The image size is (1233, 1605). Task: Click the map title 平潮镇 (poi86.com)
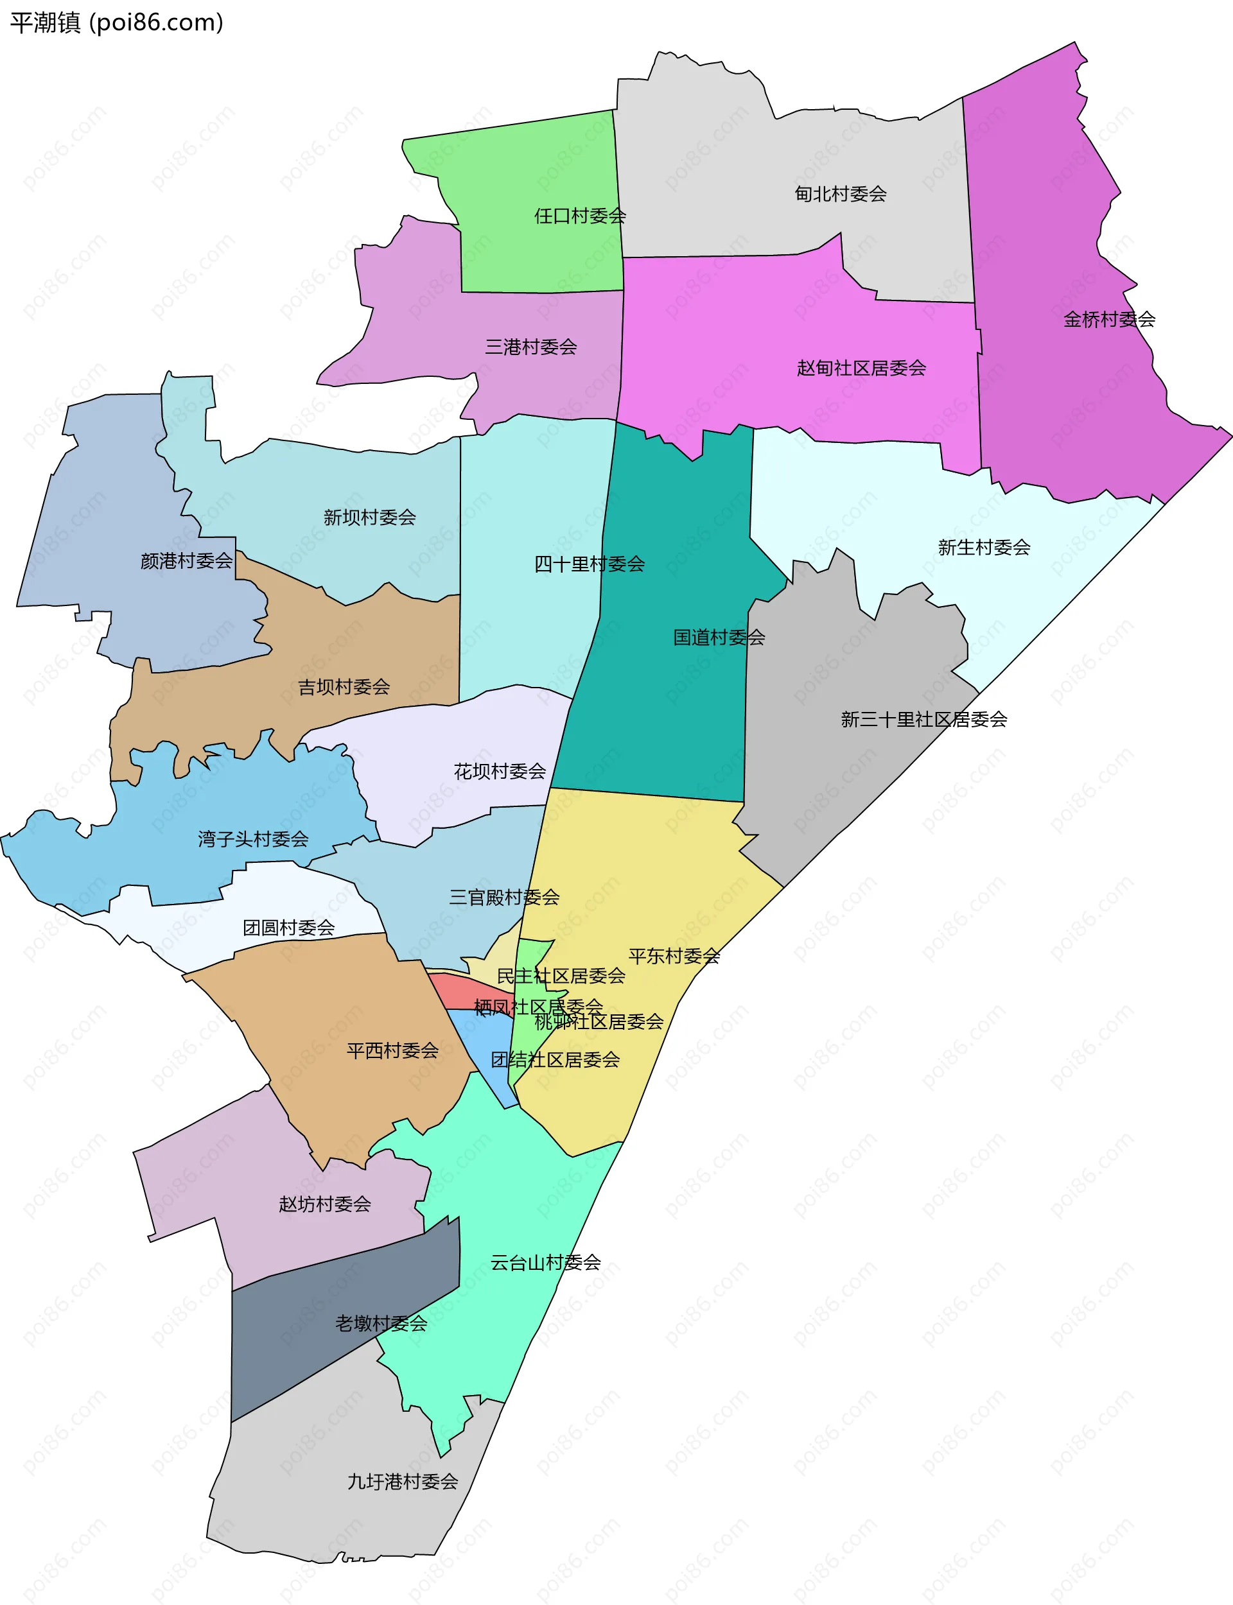click(116, 22)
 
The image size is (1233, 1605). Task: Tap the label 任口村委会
click(580, 216)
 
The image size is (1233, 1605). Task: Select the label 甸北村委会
click(841, 194)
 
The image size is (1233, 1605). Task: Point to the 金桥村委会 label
click(1109, 319)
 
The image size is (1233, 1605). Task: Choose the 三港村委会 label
click(530, 346)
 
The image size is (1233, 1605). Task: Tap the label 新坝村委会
click(369, 517)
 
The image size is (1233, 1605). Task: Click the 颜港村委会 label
click(186, 560)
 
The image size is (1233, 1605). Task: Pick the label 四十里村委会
click(590, 564)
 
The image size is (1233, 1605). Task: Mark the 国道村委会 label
click(719, 637)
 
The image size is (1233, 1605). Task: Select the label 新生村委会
click(983, 546)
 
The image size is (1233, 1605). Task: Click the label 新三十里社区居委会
click(923, 719)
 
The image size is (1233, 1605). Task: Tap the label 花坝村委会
click(500, 771)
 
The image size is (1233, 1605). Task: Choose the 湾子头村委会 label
click(253, 838)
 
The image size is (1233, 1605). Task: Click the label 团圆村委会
click(288, 927)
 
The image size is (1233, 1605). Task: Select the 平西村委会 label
click(392, 1050)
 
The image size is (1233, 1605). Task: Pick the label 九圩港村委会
click(402, 1481)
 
